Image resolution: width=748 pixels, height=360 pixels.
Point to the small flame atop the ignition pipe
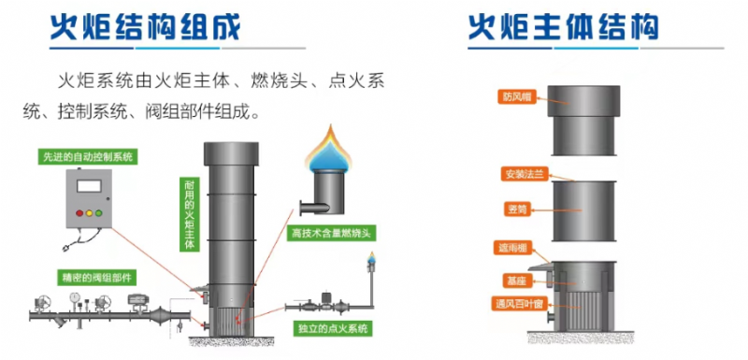click(x=371, y=259)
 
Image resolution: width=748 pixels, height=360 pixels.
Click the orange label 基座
click(x=516, y=279)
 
